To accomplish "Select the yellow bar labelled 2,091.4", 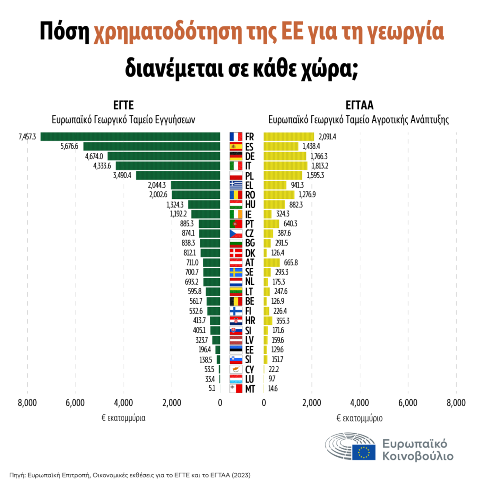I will tap(288, 137).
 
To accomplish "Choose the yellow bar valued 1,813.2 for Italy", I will tap(285, 166).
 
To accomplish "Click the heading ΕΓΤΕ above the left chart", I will tap(123, 105).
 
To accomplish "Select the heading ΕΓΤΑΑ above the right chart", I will tap(358, 105).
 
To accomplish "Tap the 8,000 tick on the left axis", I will tap(27, 403).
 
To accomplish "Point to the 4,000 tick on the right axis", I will tap(360, 403).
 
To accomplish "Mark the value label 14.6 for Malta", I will tap(273, 389).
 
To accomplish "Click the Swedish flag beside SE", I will tap(235, 272).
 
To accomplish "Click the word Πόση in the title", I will tap(64, 33).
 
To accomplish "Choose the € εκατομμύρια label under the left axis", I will tap(123, 418).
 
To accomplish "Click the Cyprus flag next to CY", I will tap(235, 369).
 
